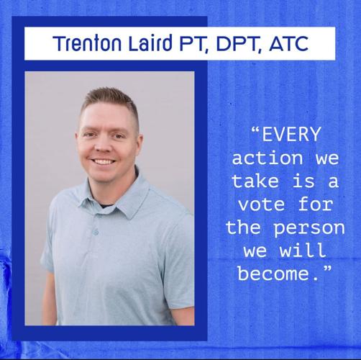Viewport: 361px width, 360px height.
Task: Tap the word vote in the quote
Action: [262, 205]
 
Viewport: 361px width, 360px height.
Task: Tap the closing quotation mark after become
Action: [319, 271]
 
